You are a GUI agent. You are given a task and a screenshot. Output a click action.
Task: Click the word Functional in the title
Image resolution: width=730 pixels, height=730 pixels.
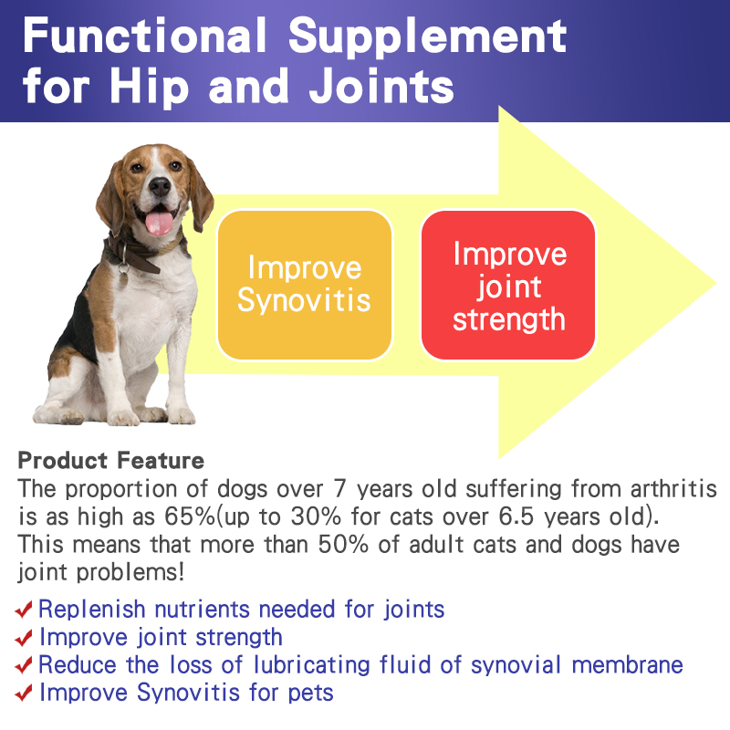pyautogui.click(x=145, y=35)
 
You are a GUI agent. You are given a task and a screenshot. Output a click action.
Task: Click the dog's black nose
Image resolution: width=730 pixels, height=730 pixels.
pyautogui.click(x=160, y=187)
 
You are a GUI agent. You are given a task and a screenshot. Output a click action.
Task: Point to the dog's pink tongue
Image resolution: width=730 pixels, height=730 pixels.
pyautogui.click(x=159, y=223)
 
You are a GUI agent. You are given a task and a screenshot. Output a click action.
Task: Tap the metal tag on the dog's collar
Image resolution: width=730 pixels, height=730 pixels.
pyautogui.click(x=123, y=276)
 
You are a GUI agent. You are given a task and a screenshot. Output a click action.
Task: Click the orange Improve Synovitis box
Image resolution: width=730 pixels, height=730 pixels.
pyautogui.click(x=305, y=285)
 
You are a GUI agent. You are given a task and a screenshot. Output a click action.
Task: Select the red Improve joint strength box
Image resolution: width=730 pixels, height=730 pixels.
pyautogui.click(x=508, y=285)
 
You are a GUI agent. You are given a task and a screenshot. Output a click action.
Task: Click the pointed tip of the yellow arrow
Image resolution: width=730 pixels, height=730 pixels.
pyautogui.click(x=715, y=283)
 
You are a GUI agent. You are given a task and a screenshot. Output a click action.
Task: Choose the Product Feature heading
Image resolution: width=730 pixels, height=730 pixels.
pyautogui.click(x=110, y=460)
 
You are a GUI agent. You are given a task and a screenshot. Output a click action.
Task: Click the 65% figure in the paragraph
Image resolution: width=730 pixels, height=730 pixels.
pyautogui.click(x=190, y=516)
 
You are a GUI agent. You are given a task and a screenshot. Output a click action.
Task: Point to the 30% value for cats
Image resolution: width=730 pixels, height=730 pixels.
pyautogui.click(x=316, y=516)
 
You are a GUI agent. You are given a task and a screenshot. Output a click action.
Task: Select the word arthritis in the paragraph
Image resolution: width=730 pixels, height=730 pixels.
pyautogui.click(x=673, y=489)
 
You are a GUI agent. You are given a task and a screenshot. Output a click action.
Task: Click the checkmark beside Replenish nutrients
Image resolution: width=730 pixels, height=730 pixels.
pyautogui.click(x=24, y=609)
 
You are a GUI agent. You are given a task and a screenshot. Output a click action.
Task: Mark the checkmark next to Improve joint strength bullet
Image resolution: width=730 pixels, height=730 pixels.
pyautogui.click(x=24, y=637)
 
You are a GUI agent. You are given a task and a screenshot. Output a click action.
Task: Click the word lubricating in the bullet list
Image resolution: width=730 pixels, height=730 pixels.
pyautogui.click(x=312, y=665)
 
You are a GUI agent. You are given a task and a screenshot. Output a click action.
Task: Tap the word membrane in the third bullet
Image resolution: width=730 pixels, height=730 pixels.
pyautogui.click(x=627, y=664)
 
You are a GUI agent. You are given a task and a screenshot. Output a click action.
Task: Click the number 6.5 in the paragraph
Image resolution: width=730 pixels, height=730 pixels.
pyautogui.click(x=516, y=516)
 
